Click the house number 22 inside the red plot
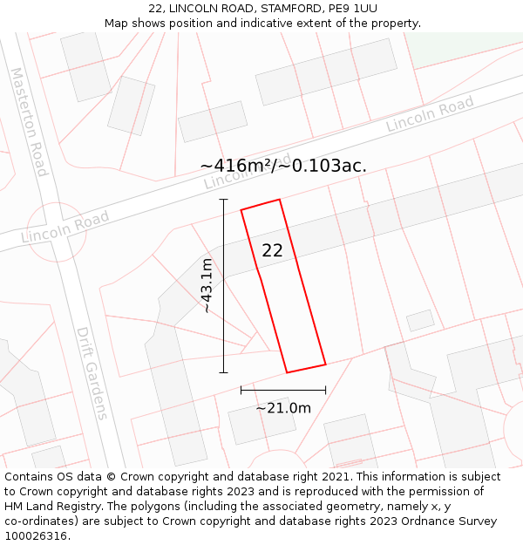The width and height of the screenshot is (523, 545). tap(272, 250)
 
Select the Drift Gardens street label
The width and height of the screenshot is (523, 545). tap(91, 373)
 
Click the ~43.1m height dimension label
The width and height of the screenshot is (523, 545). tap(207, 285)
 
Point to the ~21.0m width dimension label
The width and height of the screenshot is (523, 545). tap(283, 407)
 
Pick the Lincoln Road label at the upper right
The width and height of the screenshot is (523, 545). tap(430, 114)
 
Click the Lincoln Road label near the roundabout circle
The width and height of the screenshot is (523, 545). tap(65, 226)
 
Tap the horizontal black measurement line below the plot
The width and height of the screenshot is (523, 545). tap(283, 390)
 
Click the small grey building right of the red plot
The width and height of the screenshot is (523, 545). tap(420, 320)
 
